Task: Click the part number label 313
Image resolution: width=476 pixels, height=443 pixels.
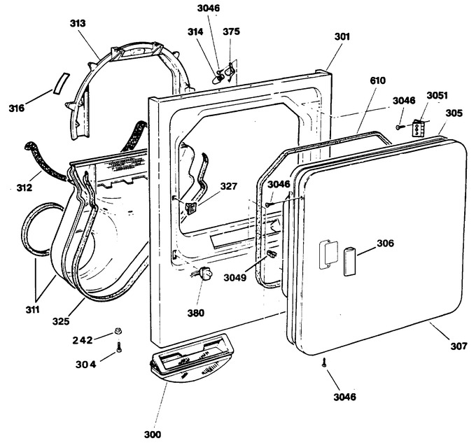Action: (78, 23)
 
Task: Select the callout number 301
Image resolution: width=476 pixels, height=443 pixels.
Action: (342, 36)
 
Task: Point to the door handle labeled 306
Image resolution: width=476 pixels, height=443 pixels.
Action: (350, 261)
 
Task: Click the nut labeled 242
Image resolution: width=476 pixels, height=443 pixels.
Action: (118, 331)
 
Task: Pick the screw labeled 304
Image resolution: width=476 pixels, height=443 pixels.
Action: (119, 347)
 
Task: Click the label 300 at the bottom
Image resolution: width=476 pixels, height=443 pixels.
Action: (153, 435)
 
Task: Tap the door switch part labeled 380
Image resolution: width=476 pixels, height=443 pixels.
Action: (206, 272)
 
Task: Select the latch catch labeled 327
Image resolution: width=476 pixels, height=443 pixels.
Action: (190, 209)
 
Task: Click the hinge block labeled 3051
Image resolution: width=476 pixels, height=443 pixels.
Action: (417, 128)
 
